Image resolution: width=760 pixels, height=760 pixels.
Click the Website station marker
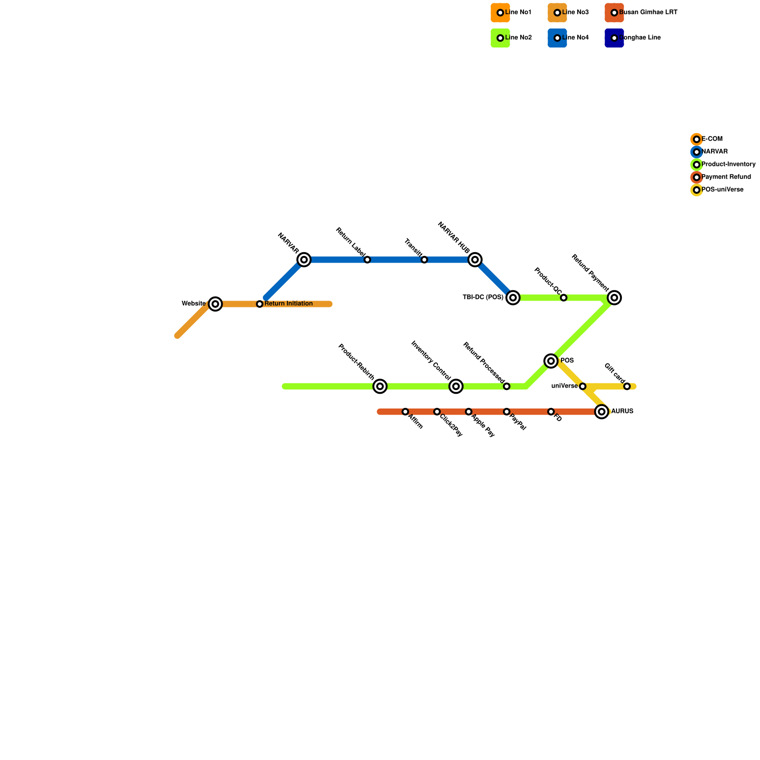216,304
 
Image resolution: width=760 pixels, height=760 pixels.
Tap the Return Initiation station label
288,304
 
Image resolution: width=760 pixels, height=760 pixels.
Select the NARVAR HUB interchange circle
475,260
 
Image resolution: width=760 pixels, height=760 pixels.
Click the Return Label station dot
367,260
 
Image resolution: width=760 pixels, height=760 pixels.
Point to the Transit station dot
424,260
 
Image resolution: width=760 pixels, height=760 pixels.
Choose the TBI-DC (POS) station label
483,298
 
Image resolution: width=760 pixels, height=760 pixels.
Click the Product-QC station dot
563,298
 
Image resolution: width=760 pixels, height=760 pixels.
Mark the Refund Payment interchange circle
615,298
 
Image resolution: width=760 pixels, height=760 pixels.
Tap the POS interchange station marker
551,361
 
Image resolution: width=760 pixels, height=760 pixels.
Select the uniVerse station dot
583,387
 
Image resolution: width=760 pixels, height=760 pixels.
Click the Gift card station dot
627,387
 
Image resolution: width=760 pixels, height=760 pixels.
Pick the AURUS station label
622,411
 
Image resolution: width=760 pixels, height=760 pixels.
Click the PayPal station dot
507,411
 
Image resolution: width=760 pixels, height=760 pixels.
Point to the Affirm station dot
405,412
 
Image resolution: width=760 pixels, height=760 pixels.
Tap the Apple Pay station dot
469,411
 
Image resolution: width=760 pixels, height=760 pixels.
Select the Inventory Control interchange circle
456,387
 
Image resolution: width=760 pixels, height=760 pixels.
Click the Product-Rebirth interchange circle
380,387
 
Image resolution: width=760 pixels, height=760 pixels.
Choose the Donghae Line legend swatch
614,38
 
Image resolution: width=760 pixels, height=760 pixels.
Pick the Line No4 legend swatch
557,38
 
